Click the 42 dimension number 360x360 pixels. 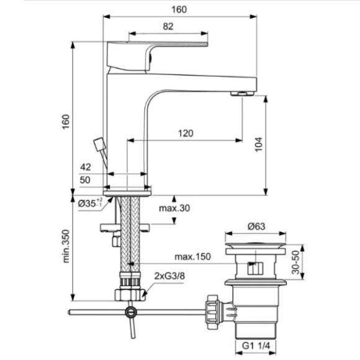click(86, 167)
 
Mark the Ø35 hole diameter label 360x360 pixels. click(90, 202)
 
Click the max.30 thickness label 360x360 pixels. click(174, 208)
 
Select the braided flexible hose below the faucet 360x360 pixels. click(131, 242)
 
